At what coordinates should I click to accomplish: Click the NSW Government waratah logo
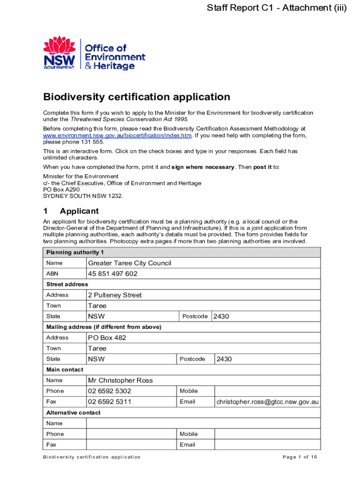click(59, 52)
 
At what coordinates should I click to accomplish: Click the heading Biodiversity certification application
click(137, 97)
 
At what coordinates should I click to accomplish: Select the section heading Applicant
click(79, 211)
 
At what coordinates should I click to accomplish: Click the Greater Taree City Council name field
click(130, 263)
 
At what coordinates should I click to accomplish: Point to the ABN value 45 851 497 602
click(113, 274)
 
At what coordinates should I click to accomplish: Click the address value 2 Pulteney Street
click(115, 295)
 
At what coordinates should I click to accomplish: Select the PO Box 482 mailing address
click(107, 338)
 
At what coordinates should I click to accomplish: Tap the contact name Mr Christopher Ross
click(120, 380)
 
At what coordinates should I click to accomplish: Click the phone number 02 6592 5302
click(109, 391)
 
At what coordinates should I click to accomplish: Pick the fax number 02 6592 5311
click(109, 402)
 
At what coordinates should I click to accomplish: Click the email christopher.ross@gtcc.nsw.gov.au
click(267, 402)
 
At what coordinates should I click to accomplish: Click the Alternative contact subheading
click(73, 413)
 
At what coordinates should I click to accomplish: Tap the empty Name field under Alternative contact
click(203, 423)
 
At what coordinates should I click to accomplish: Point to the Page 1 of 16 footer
click(300, 457)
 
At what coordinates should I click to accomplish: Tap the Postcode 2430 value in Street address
click(221, 317)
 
